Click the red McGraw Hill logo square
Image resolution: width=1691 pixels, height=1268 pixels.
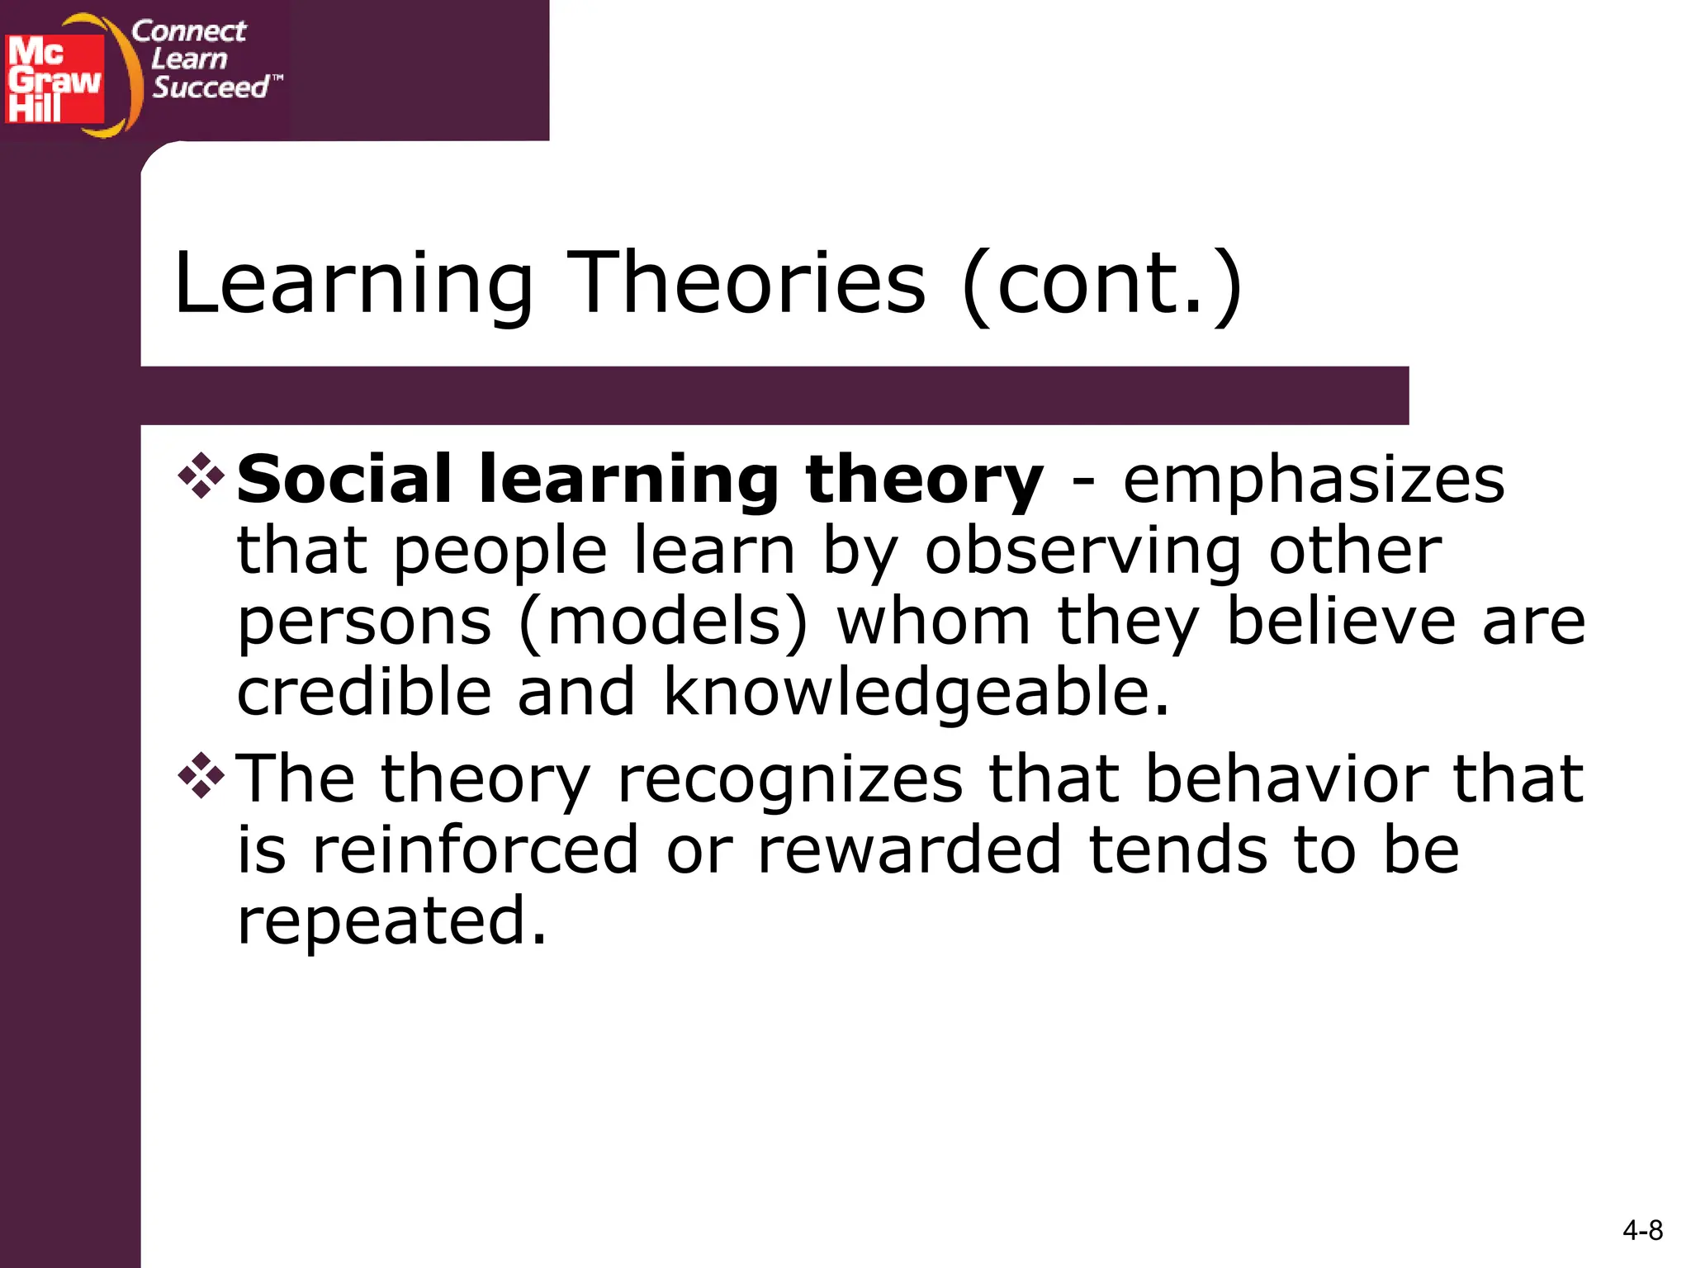point(54,79)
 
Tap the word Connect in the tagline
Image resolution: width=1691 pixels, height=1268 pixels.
point(188,31)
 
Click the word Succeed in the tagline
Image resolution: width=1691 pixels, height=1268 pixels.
point(211,87)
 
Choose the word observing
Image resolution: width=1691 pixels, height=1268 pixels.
point(1082,551)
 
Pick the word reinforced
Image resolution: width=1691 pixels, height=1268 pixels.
point(475,849)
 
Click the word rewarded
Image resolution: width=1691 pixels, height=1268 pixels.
point(909,849)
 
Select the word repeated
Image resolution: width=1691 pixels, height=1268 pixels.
point(391,920)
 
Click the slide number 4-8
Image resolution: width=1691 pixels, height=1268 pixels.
point(1642,1231)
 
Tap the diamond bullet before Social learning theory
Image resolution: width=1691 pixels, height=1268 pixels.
point(201,476)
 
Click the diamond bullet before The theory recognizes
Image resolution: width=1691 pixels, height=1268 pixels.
point(201,776)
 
